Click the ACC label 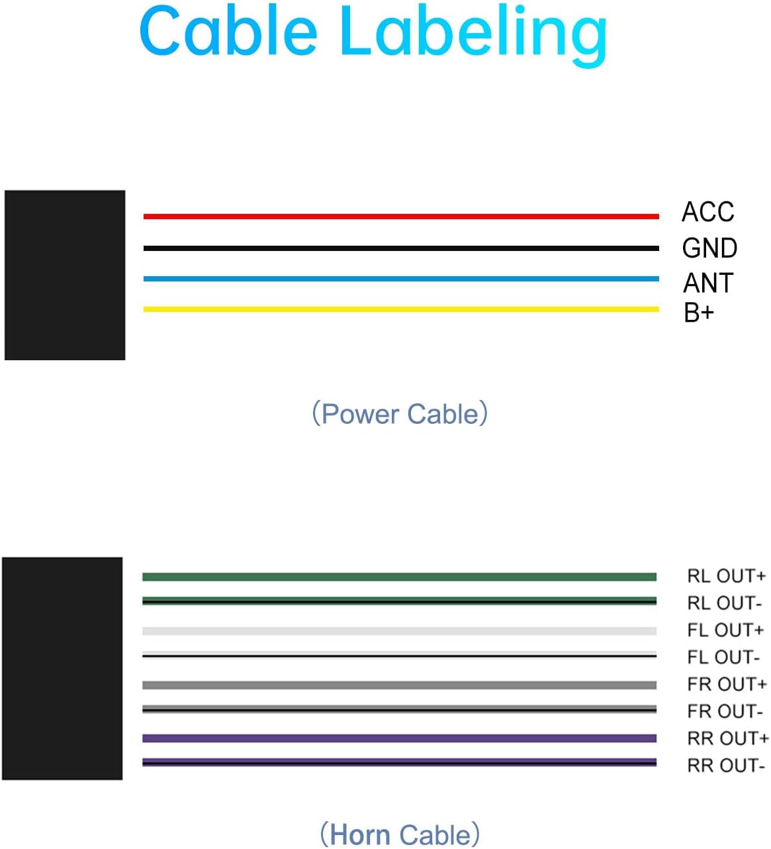pos(707,212)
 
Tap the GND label pos(709,248)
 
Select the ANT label pos(708,283)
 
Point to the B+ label pos(699,313)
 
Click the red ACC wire pos(401,217)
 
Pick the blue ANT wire pos(401,279)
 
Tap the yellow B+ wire pos(401,309)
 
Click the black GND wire pos(401,248)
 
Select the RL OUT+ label pos(726,575)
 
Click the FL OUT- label pos(723,657)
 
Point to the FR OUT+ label pos(727,684)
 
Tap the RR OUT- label pos(726,765)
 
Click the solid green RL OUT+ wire pos(399,576)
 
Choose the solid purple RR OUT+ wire pos(399,738)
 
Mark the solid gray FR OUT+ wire pos(399,685)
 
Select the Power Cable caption pos(400,413)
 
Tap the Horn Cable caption pos(400,834)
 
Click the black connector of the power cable pos(65,275)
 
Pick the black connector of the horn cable pos(62,668)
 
